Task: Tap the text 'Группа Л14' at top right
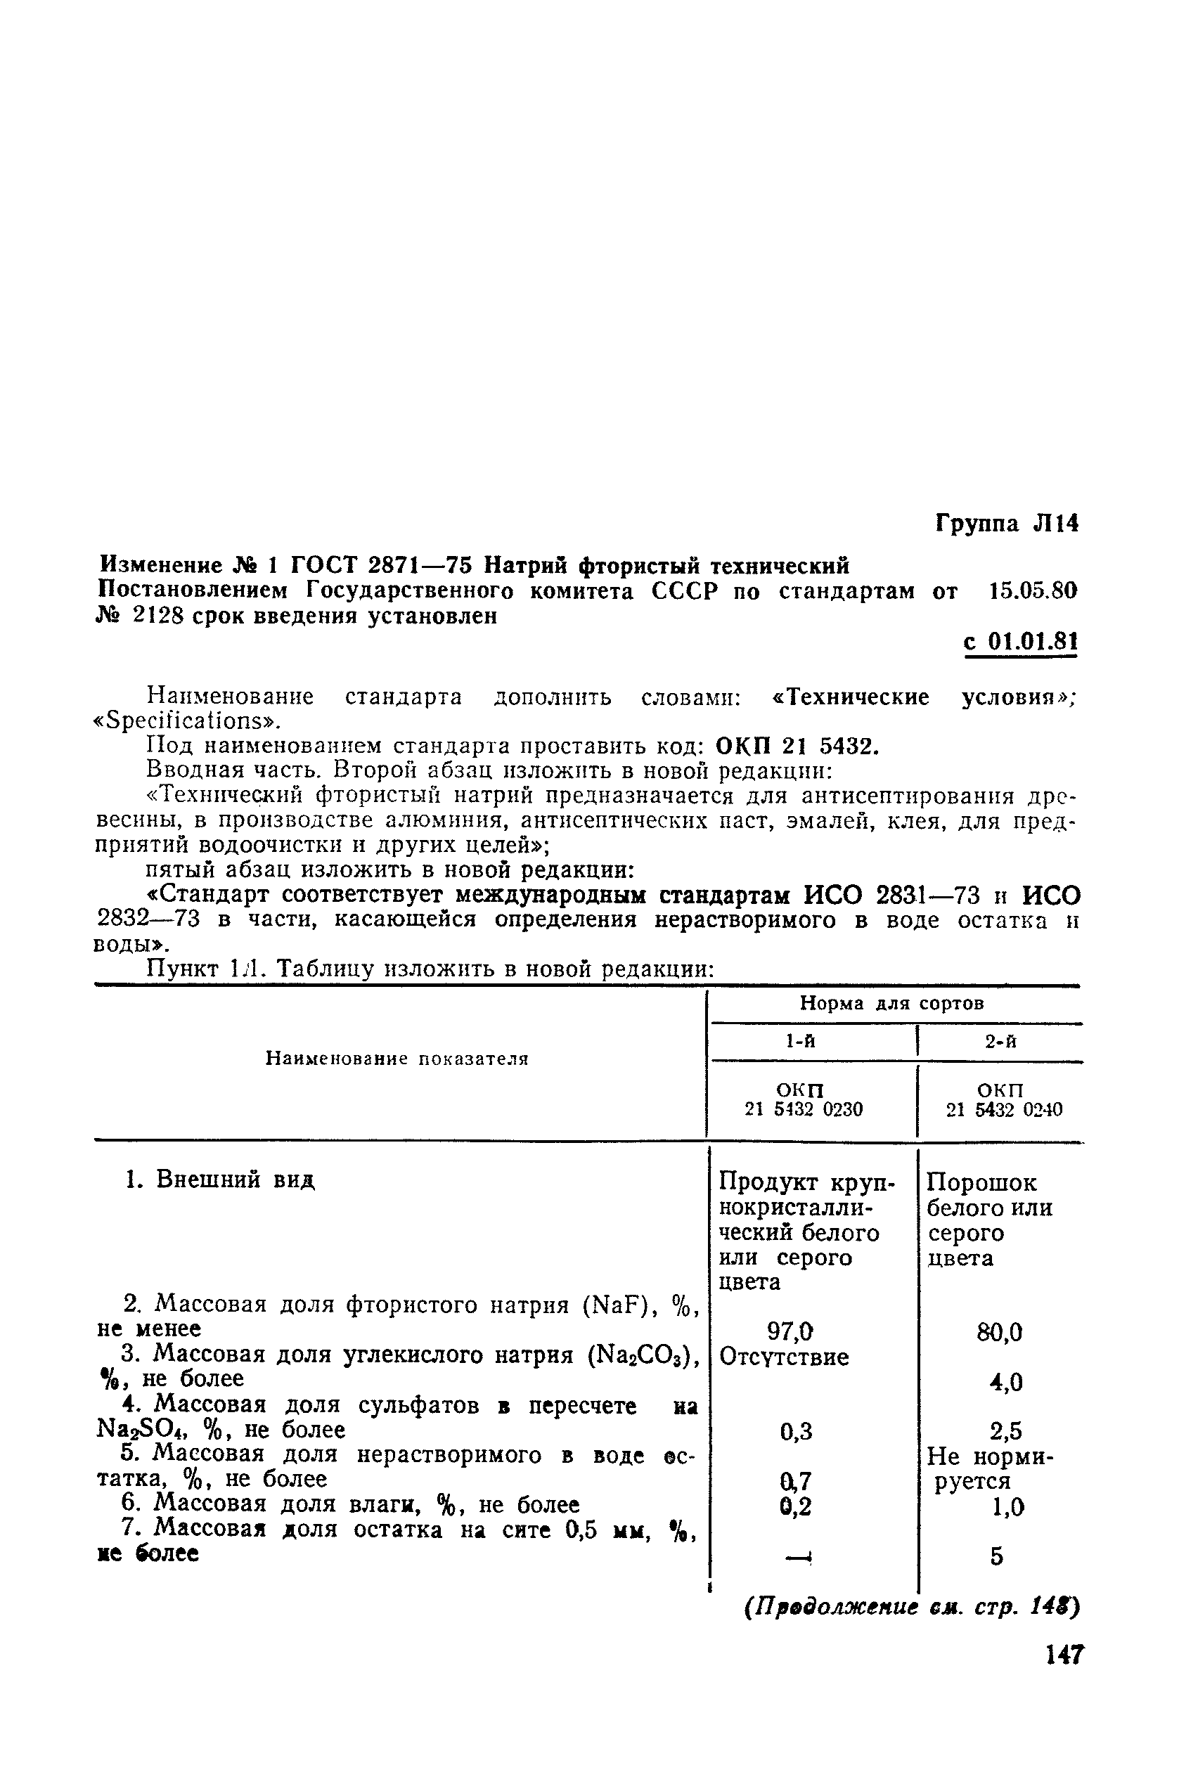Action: click(x=1006, y=523)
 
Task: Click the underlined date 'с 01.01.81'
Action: click(x=1020, y=642)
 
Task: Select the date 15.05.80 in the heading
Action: click(x=1032, y=592)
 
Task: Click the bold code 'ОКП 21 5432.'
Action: click(x=797, y=747)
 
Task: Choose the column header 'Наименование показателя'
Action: click(x=397, y=1059)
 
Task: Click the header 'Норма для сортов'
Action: click(x=891, y=1004)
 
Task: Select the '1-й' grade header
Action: click(x=800, y=1041)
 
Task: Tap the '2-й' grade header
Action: click(x=1001, y=1041)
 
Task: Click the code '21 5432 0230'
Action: click(x=803, y=1109)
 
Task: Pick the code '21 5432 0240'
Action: click(x=1004, y=1110)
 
